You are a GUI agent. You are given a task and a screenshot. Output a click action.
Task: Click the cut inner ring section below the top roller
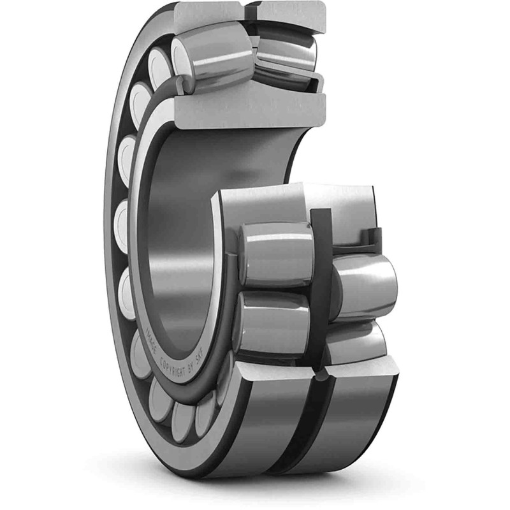pos(255,108)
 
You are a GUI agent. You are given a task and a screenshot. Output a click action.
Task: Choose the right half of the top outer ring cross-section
pos(290,13)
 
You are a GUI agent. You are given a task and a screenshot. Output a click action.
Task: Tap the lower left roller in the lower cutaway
pos(274,322)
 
